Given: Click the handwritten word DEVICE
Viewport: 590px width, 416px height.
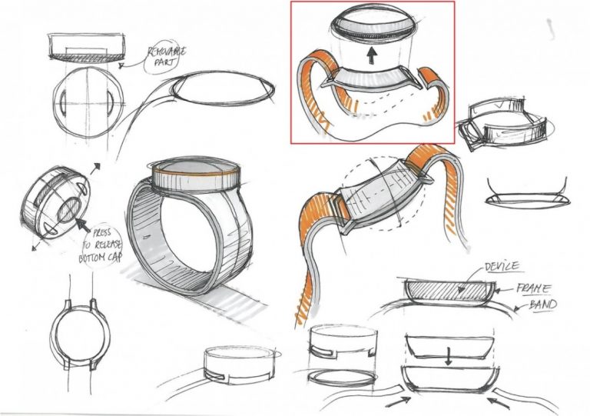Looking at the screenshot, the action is tap(502, 267).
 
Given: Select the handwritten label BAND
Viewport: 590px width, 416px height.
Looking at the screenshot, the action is tap(543, 304).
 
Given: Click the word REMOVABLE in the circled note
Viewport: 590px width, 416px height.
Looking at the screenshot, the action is tap(167, 52).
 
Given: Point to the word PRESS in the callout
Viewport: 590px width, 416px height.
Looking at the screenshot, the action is tap(101, 234).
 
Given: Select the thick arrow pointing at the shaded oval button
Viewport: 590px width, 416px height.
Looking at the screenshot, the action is tap(83, 225).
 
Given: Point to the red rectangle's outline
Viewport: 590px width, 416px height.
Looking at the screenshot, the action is tap(290, 72).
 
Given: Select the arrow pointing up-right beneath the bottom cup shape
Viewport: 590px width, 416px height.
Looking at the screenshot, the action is tap(398, 401).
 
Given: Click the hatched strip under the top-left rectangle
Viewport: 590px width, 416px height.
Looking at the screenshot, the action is tap(87, 56).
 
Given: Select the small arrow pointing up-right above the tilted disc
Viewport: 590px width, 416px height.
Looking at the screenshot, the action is tap(94, 168).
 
